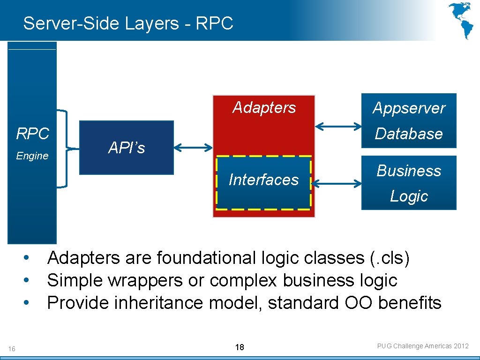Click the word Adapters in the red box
[x=264, y=108]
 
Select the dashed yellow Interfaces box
[x=263, y=182]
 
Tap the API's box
[x=127, y=148]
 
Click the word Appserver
[x=409, y=108]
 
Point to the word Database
[x=409, y=134]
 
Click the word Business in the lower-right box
[x=409, y=171]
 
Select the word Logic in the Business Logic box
[x=409, y=196]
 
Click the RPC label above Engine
[x=32, y=134]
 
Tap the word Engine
[x=32, y=156]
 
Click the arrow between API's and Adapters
[x=193, y=148]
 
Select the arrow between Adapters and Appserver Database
[x=338, y=126]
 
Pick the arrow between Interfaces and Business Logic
[x=336, y=183]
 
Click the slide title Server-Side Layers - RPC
[x=128, y=23]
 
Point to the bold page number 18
[x=240, y=347]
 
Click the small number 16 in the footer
[x=12, y=348]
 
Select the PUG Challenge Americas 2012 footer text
[x=423, y=346]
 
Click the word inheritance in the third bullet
[x=154, y=303]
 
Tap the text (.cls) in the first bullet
[x=390, y=258]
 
